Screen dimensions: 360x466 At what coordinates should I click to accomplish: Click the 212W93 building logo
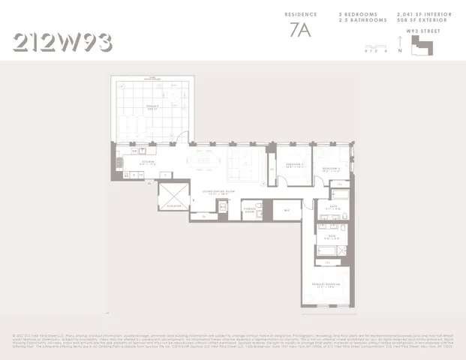pos(63,42)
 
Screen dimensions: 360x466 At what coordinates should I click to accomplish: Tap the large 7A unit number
pos(301,31)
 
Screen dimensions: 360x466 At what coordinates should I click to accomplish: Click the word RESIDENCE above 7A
pos(301,14)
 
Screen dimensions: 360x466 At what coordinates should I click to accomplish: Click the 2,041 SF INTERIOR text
pos(423,14)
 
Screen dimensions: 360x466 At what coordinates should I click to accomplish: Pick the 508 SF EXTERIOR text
pos(423,19)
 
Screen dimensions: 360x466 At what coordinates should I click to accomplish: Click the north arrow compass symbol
pos(401,50)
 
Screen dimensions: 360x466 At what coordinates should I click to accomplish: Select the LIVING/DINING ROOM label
pos(213,191)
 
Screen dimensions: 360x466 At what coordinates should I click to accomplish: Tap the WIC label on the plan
pos(287,211)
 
